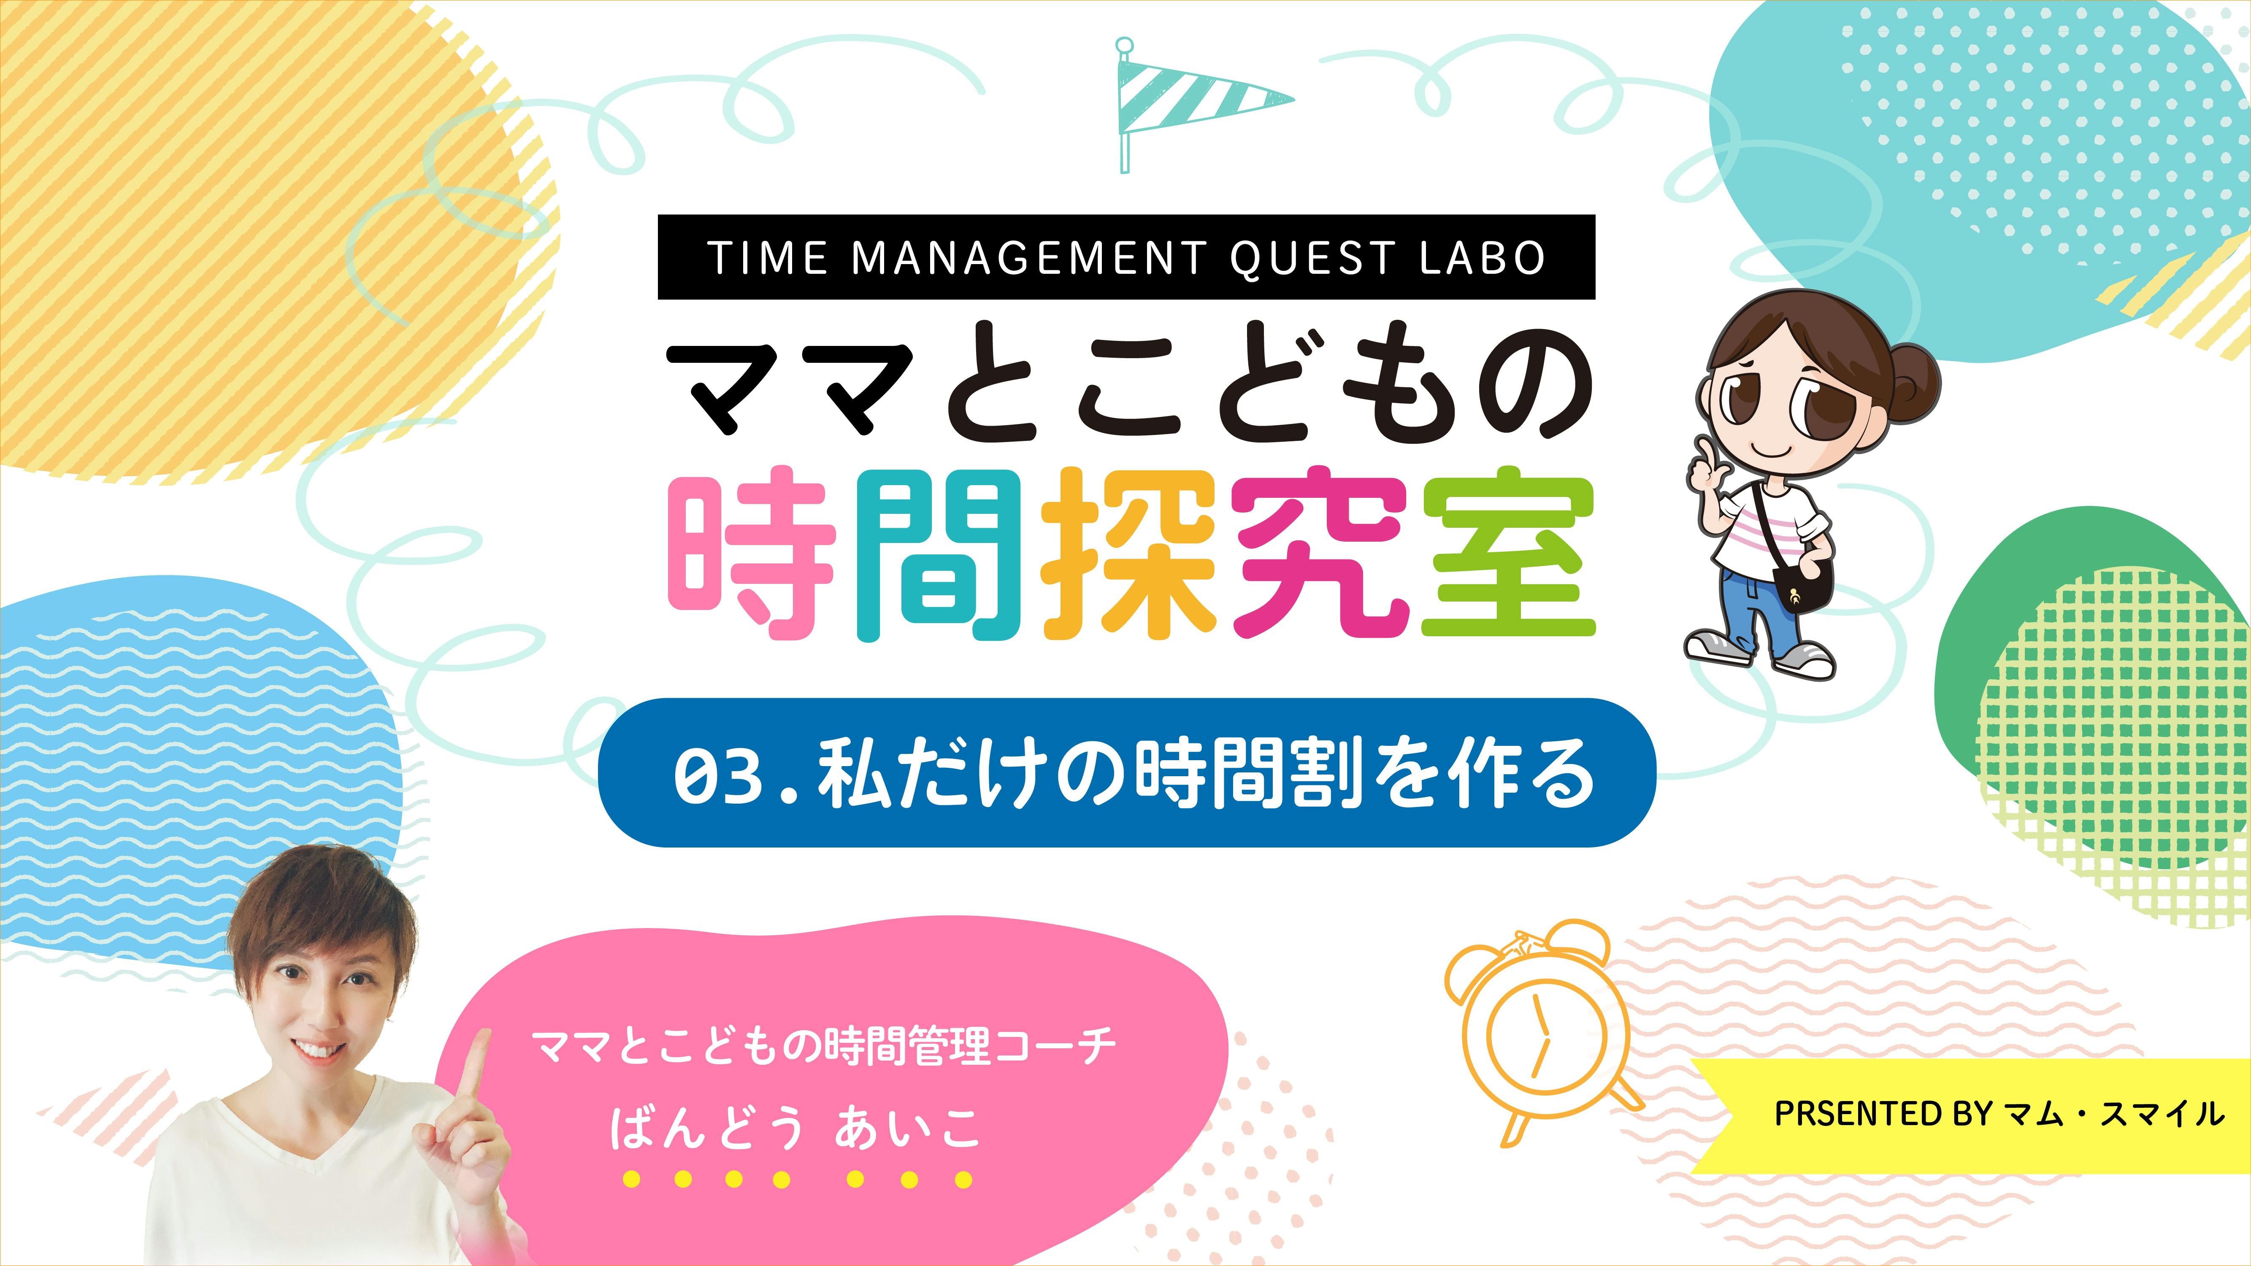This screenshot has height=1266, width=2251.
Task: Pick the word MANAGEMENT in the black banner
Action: [1028, 258]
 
